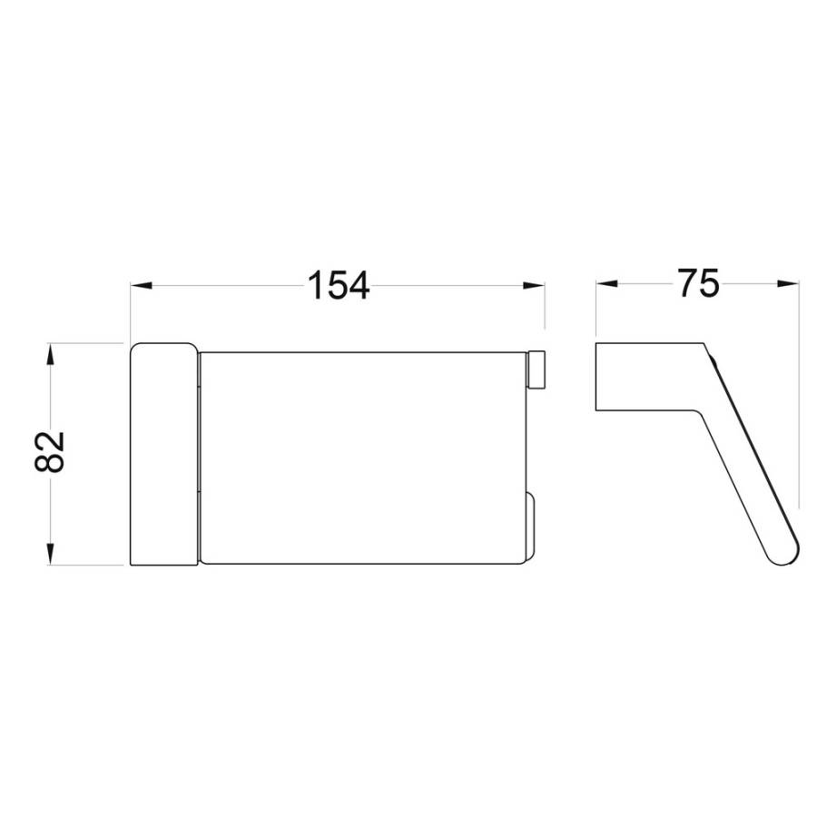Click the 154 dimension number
click(339, 285)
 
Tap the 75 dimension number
click(699, 283)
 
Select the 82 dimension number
click(50, 452)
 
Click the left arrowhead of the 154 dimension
click(142, 286)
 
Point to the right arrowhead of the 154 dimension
click(534, 286)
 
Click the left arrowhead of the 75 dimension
click(607, 283)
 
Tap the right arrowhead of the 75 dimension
click(788, 283)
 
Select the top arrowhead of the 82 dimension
click(50, 354)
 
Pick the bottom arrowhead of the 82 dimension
click(50, 554)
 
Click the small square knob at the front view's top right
click(536, 370)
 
